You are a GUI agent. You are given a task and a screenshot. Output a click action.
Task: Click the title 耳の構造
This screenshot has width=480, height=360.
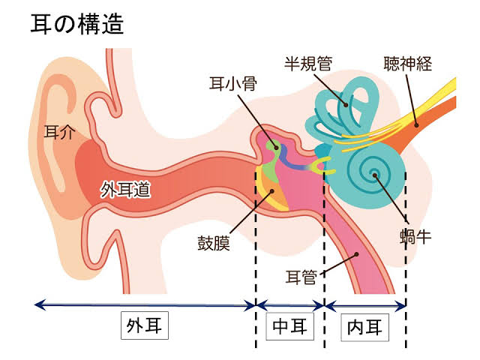tap(77, 24)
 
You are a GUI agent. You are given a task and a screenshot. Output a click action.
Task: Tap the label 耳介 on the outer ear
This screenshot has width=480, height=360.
tap(60, 132)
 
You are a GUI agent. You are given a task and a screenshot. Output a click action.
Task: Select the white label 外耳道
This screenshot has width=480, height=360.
tap(125, 190)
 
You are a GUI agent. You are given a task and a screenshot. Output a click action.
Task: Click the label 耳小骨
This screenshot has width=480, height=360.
tap(233, 83)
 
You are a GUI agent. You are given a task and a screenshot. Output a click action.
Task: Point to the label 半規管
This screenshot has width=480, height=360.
tap(308, 64)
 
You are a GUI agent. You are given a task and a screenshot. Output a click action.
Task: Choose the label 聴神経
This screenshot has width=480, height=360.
tap(408, 64)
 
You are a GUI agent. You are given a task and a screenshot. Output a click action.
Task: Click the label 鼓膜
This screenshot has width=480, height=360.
tap(213, 243)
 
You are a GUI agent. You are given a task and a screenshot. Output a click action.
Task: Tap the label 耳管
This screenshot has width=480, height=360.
tap(301, 277)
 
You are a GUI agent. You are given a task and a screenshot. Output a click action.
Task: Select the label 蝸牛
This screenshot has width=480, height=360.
tap(415, 237)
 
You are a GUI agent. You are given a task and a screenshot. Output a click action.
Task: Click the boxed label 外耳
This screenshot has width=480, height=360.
tap(145, 325)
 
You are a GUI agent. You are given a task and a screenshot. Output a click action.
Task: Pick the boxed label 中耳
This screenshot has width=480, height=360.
tap(290, 326)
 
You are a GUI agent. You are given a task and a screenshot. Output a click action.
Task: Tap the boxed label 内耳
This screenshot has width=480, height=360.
tap(365, 327)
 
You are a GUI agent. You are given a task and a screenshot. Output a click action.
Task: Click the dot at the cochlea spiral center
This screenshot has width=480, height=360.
tap(375, 175)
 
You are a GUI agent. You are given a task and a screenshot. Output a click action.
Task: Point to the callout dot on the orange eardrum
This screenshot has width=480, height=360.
tap(271, 191)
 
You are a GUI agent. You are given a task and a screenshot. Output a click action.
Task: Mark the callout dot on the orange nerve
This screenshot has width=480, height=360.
tap(416, 125)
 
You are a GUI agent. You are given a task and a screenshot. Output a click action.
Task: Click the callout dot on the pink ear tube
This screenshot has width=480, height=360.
tap(357, 254)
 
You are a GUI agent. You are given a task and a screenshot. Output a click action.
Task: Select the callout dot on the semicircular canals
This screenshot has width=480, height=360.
tap(346, 105)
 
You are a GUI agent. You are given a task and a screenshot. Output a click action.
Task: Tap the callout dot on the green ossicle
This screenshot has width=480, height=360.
tap(277, 148)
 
